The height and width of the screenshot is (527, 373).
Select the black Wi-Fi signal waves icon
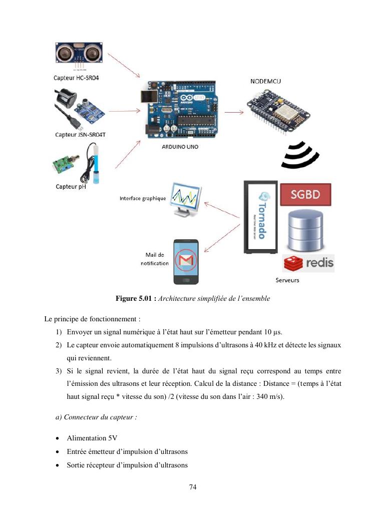point(299,155)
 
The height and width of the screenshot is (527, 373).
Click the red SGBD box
point(305,194)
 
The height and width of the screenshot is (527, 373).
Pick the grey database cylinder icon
point(305,230)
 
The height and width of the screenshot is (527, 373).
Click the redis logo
point(308,263)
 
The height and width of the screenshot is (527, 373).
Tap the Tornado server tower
point(260,216)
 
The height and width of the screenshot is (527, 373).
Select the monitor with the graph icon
point(186,199)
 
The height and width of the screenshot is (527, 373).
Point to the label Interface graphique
point(143,198)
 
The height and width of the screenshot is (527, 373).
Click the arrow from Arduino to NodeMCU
point(234,112)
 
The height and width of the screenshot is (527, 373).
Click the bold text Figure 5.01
point(136,299)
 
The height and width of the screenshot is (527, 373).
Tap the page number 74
point(193,487)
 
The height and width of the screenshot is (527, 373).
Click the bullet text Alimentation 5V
point(92,438)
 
